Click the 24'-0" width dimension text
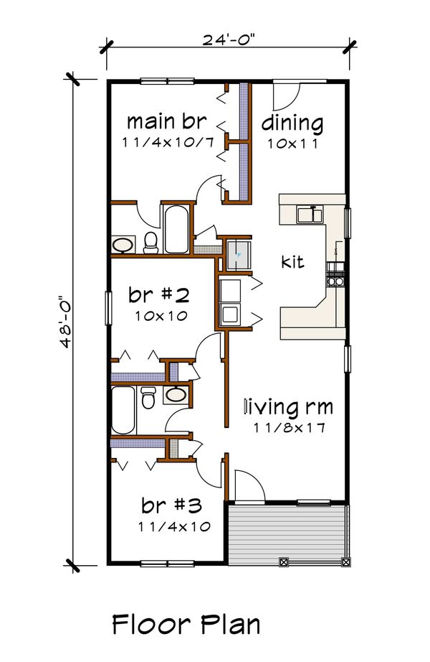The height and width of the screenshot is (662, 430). coord(228,39)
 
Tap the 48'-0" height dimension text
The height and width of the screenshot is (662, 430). coord(67,318)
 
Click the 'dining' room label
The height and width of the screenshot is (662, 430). coord(292,123)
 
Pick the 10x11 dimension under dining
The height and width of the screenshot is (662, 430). coord(292,142)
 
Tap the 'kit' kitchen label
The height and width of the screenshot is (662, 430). coord(292,261)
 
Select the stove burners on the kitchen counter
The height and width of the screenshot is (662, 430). coord(335,274)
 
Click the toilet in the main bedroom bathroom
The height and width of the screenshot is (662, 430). coord(150,243)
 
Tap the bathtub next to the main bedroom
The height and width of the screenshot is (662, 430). coord(176,230)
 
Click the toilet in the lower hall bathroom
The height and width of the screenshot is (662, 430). coord(148,398)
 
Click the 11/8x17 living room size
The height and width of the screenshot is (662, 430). coord(289,428)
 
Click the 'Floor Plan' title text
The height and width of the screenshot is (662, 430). coord(186,624)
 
